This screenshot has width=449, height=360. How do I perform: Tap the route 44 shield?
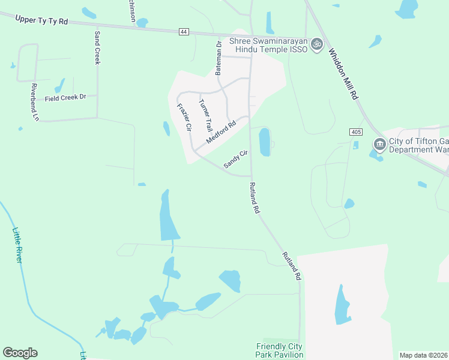click(x=184, y=32)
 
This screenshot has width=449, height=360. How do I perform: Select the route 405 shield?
click(x=356, y=131)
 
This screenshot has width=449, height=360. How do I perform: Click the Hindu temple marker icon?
click(x=317, y=44)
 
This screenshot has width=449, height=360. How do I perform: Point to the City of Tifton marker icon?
click(x=379, y=144)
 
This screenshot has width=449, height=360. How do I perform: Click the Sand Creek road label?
click(x=97, y=49)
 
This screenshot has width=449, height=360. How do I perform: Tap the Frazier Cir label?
click(x=184, y=118)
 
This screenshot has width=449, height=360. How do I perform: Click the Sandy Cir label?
click(x=235, y=159)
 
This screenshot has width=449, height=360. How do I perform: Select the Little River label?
click(x=17, y=244)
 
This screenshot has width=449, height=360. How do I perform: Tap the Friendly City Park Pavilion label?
click(x=280, y=350)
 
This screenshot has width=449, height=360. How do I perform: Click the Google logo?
click(x=20, y=353)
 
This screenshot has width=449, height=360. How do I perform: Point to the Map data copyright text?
click(x=424, y=355)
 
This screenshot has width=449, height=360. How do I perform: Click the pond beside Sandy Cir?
click(x=264, y=142)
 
